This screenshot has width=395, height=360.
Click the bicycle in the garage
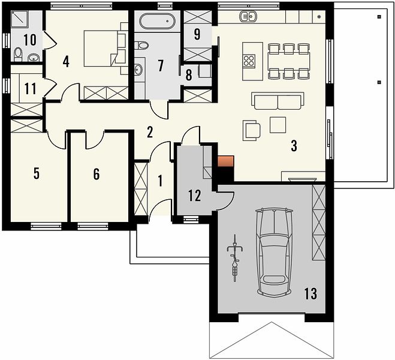pos(235,258)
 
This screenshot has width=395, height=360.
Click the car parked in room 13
pos(275,251)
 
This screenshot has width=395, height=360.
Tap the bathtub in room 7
pos(157,22)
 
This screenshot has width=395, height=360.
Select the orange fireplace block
pos(226,161)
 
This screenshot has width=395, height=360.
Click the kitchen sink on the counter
pos(248,17)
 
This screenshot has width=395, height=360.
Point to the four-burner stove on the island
pos(249,61)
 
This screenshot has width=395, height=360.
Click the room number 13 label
pos(310,293)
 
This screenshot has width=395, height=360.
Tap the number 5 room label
pos(37,173)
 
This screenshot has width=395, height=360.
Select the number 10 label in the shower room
pos(30,40)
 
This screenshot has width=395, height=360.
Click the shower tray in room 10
pos(19,19)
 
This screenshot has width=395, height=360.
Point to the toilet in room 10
pos(18,55)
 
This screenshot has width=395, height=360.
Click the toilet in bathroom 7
pos(141,46)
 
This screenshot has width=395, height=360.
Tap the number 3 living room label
pos(294,146)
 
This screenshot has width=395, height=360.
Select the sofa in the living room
pos(278,101)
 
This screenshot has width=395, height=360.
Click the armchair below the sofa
pos(252,130)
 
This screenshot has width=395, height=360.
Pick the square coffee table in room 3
pos(278,125)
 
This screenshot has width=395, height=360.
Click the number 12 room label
pos(195,196)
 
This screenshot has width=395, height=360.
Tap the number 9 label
pos(197,34)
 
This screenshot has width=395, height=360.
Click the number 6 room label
pos(97,174)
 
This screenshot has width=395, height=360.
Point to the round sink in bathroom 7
pos(138,70)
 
